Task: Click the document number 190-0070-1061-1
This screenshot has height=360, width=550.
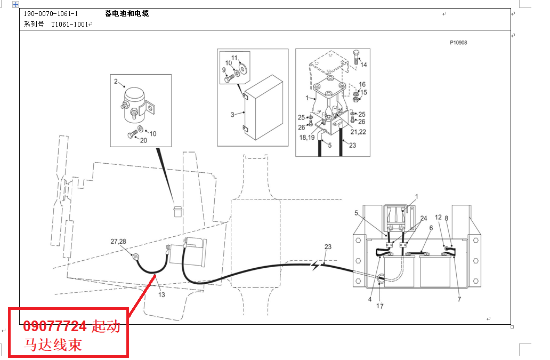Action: (x=51, y=14)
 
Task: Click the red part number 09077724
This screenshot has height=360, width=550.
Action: (x=54, y=326)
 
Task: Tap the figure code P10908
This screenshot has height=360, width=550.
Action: (x=458, y=43)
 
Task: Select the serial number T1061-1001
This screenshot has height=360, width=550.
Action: (x=69, y=25)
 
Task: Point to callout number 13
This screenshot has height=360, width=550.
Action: (x=161, y=295)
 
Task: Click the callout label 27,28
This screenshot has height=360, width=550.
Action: (x=118, y=242)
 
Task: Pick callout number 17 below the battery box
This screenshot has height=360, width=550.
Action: (x=380, y=306)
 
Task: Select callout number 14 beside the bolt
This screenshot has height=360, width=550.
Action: (x=364, y=65)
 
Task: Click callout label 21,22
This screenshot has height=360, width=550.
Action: (x=358, y=132)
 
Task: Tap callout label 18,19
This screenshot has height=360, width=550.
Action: (x=307, y=138)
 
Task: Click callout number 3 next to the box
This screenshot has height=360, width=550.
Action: (x=232, y=114)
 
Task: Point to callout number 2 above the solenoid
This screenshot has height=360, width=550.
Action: (x=116, y=82)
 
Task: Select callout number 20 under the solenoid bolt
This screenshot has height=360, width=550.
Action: (x=143, y=140)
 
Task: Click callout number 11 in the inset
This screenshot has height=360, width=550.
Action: (x=234, y=58)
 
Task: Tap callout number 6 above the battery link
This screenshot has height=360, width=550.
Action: (x=431, y=228)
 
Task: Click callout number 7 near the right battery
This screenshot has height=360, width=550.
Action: (x=459, y=299)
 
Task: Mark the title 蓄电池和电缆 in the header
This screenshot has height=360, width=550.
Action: (x=127, y=14)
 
